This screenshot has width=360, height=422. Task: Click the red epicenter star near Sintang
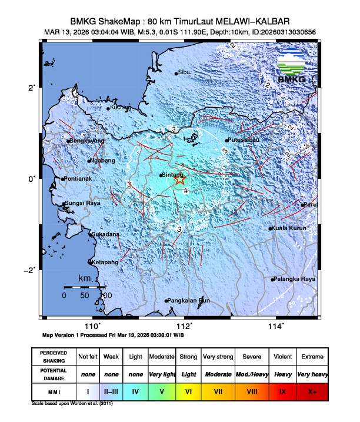179,180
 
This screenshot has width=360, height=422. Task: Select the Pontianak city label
79,178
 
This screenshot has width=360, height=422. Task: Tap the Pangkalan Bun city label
189,300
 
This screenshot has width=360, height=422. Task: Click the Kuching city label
121,107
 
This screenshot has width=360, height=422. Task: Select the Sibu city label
184,72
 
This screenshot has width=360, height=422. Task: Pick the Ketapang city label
105,261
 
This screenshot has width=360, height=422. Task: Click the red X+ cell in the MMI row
312,391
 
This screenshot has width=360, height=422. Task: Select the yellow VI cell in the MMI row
188,391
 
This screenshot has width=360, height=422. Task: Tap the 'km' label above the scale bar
85,278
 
